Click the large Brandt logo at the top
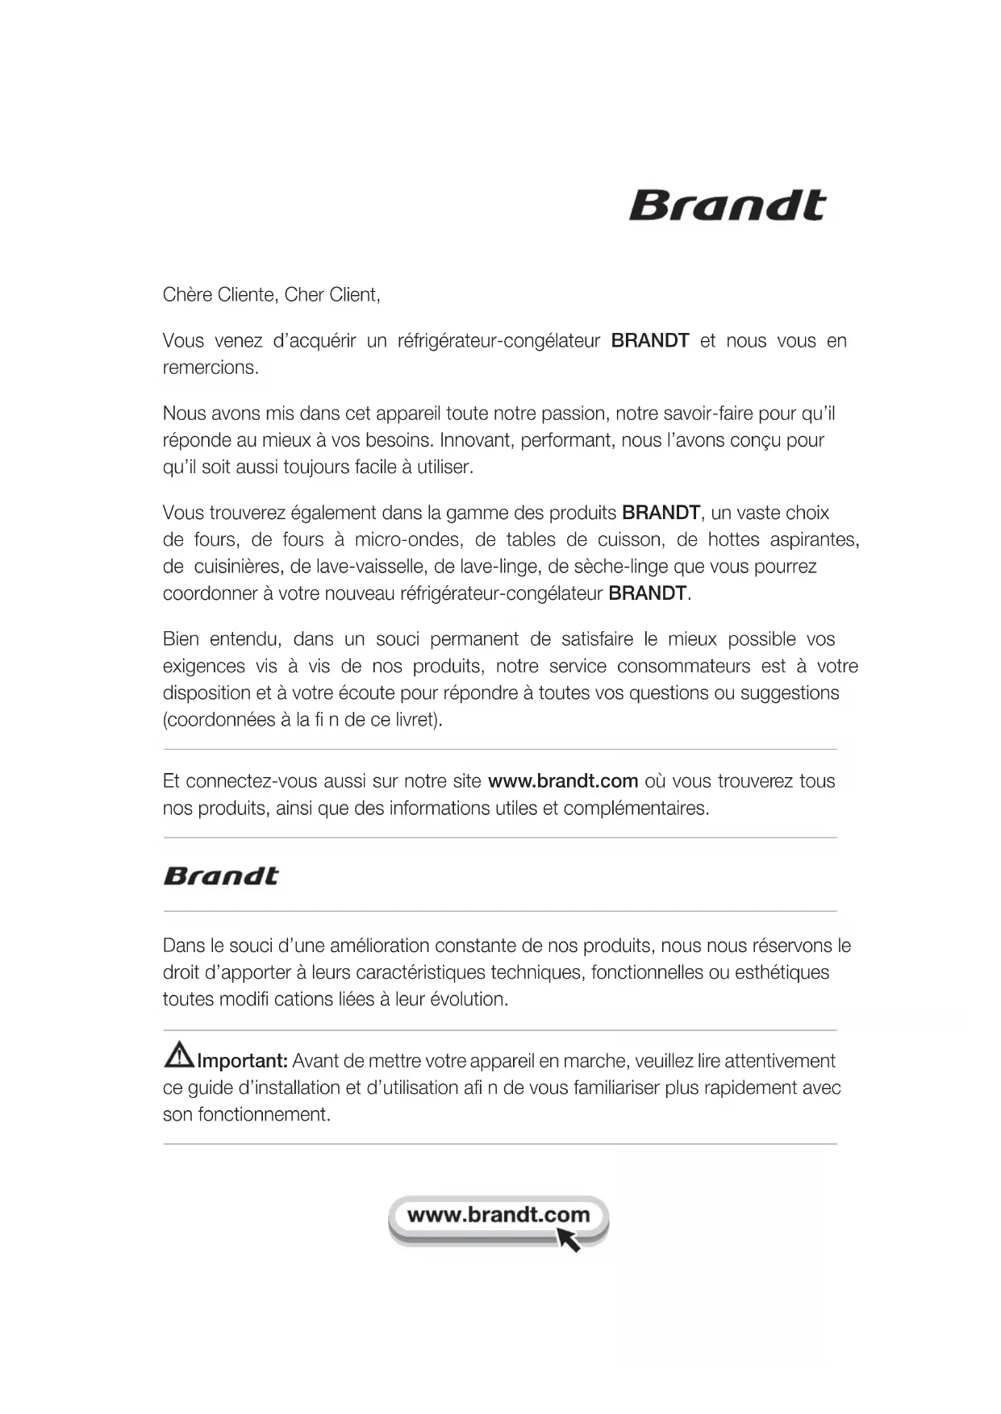[727, 206]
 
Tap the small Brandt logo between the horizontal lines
[221, 875]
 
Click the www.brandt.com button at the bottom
[498, 1216]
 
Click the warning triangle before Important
[178, 1054]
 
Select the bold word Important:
[243, 1061]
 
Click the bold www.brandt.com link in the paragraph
[563, 781]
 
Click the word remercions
[211, 368]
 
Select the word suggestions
[790, 692]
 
